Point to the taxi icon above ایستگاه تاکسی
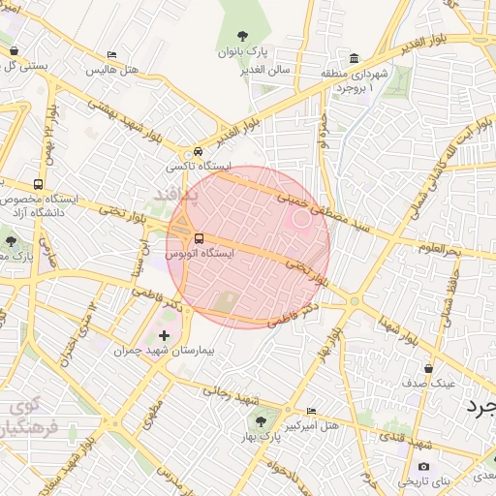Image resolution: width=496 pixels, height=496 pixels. click(x=198, y=152)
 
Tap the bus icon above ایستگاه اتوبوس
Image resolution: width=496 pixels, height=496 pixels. click(x=199, y=238)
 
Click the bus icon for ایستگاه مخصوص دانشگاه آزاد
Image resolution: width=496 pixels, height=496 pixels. click(x=38, y=184)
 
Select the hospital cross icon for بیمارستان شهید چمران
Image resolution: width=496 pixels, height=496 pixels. click(x=164, y=336)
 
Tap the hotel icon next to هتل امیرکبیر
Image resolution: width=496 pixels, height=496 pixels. click(x=310, y=411)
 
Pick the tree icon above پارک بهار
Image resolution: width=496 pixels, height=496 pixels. click(x=260, y=420)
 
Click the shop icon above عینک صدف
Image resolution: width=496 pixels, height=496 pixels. click(x=428, y=368)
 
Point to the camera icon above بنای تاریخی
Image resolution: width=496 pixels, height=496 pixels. click(x=423, y=467)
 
